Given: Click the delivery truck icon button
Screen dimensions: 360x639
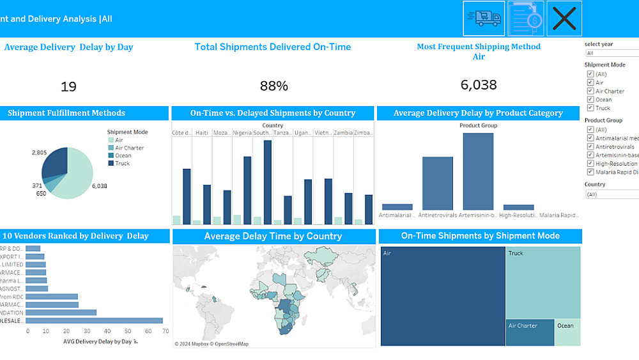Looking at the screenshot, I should click(484, 19).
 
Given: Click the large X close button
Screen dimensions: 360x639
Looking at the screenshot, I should click(564, 19).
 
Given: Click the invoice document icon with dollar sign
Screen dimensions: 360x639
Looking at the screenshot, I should click(526, 19).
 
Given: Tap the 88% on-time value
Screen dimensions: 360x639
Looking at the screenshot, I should click(273, 86).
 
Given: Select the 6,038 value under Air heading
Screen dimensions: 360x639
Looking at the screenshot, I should click(479, 84).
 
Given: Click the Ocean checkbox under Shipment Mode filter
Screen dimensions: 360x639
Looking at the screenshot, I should click(590, 100).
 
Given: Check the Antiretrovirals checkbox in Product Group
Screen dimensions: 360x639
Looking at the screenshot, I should click(590, 147).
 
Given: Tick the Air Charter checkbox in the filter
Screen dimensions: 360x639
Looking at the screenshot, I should click(590, 91).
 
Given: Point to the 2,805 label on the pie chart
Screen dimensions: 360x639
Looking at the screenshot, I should click(39, 153).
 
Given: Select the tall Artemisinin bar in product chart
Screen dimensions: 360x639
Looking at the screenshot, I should click(478, 171).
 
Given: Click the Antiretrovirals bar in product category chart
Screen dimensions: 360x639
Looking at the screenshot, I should click(437, 183).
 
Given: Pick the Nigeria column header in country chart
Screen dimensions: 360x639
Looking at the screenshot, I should click(242, 132).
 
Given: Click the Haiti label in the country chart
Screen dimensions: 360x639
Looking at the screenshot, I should click(201, 132).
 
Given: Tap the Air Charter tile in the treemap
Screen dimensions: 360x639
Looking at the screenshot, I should click(530, 333).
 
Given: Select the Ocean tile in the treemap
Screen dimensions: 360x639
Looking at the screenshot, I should click(567, 333).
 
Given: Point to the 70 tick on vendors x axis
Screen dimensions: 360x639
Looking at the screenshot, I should click(166, 331).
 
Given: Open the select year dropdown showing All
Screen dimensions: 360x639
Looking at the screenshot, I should click(612, 53).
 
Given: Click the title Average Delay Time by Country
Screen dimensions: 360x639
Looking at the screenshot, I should click(273, 236).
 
